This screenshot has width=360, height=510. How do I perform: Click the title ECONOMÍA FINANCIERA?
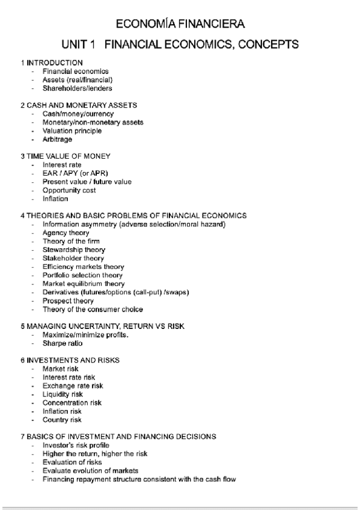[180, 24]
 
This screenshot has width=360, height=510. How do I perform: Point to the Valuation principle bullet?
[72, 131]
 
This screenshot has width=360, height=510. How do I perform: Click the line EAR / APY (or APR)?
[75, 173]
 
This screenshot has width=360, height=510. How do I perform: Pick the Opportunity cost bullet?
[69, 190]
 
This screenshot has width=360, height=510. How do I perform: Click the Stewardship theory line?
[73, 250]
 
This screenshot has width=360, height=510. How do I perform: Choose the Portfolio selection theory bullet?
[82, 275]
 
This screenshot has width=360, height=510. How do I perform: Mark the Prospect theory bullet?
[68, 301]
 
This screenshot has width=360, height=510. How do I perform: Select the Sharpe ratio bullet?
[63, 343]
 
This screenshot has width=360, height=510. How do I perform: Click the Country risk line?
[62, 420]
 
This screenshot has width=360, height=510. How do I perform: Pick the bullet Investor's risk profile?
[76, 445]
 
